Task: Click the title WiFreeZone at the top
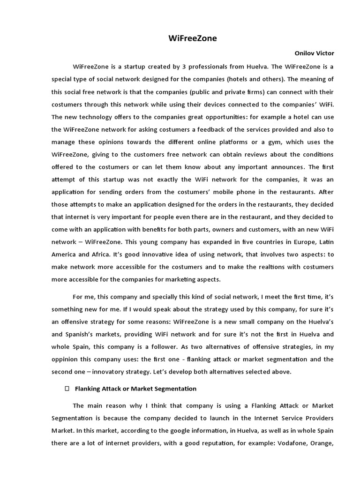point(193,38)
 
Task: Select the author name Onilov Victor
point(314,53)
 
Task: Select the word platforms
point(256,142)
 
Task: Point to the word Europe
point(293,242)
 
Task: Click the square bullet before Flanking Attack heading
point(67,389)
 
